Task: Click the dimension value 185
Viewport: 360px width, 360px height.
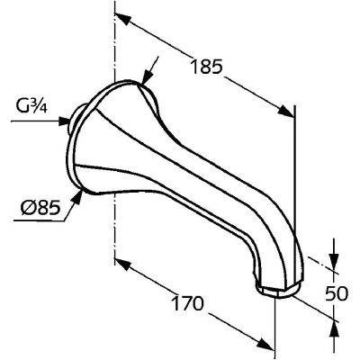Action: [207, 67]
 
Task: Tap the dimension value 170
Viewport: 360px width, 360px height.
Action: [188, 303]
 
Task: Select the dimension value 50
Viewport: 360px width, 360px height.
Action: [337, 293]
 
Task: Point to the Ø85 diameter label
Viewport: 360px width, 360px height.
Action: [40, 207]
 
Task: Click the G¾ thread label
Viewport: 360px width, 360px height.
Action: [31, 107]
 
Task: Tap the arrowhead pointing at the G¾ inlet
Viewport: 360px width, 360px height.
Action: [64, 121]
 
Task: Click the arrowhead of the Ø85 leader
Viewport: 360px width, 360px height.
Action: [77, 197]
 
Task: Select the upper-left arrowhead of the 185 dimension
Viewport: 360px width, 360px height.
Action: [123, 19]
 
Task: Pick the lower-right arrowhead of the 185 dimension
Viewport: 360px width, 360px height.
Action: [286, 111]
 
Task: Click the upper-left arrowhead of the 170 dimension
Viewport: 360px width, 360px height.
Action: [123, 264]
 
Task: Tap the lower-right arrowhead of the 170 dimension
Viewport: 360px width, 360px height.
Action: [266, 344]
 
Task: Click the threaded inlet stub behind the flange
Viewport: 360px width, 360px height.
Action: [76, 119]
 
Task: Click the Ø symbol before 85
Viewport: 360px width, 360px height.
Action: [27, 207]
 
